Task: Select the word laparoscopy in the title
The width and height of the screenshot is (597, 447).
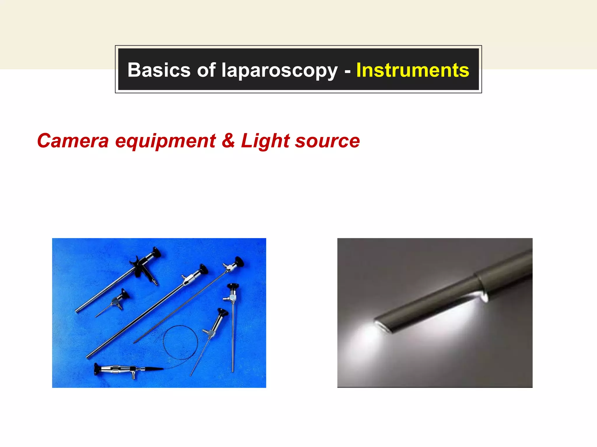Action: [279, 71]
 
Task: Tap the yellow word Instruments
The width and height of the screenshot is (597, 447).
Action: [412, 70]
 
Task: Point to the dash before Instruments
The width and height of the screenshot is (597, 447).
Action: [347, 71]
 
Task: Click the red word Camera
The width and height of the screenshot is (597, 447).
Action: [73, 141]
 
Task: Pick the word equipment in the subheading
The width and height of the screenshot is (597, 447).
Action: [165, 141]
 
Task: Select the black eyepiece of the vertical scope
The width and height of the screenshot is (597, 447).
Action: [233, 286]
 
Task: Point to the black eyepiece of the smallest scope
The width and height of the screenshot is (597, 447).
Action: [125, 294]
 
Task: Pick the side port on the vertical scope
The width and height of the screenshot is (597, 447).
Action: [226, 298]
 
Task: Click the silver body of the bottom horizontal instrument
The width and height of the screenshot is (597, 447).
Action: [117, 369]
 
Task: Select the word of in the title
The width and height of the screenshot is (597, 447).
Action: [206, 70]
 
